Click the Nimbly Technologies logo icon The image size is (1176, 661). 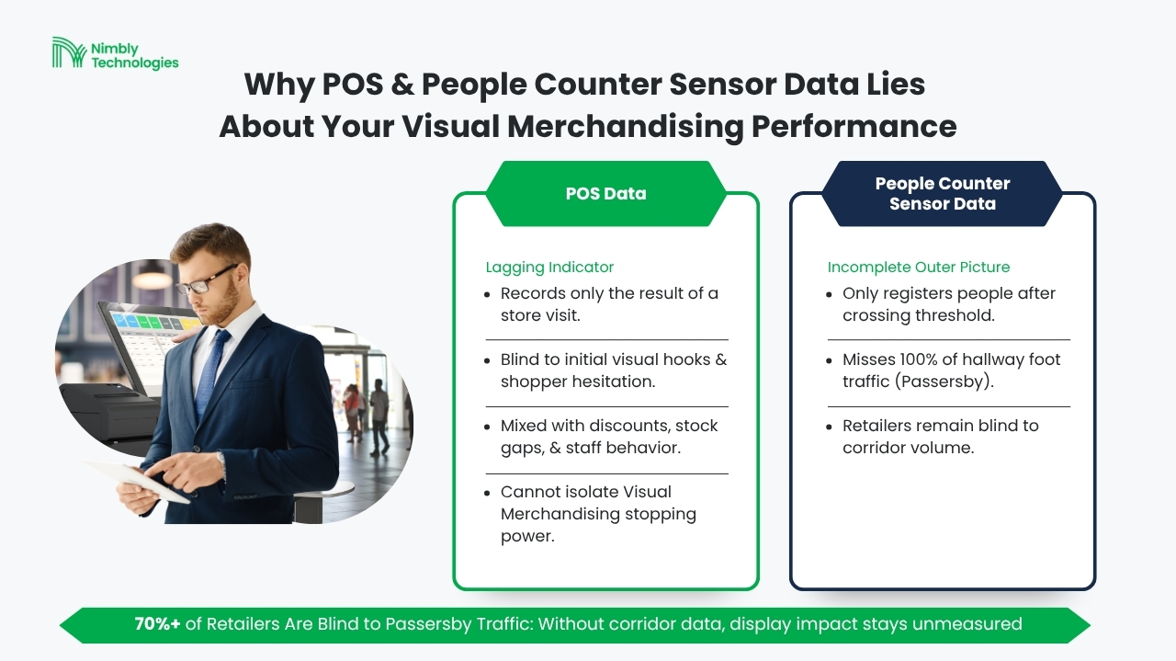pos(69,52)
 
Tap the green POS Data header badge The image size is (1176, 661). pos(605,194)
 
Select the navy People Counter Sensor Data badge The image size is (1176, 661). pos(943,194)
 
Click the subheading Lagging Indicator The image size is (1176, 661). pos(549,267)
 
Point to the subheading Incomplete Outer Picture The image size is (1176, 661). pos(918,267)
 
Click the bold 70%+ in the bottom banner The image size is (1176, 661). pos(157,623)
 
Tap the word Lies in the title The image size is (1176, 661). pos(896,84)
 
